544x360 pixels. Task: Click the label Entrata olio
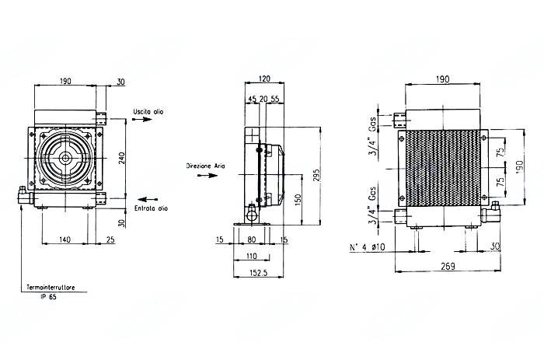click(x=151, y=209)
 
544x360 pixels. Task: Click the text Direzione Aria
click(x=206, y=166)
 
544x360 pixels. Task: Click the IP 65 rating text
click(x=48, y=297)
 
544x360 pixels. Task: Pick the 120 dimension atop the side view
click(x=264, y=79)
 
